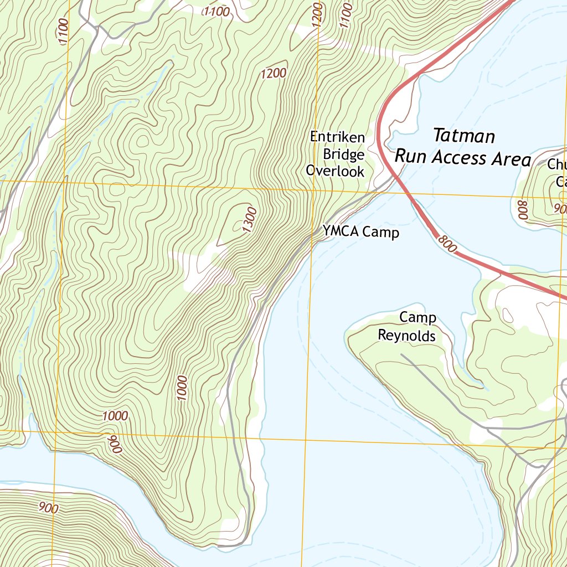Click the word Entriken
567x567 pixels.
click(x=337, y=137)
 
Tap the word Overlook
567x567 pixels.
click(x=336, y=171)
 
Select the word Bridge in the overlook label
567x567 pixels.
click(x=343, y=154)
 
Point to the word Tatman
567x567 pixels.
click(x=463, y=136)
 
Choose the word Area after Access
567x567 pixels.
click(x=511, y=159)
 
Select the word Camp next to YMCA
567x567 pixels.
click(x=381, y=233)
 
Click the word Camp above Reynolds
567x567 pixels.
click(x=418, y=318)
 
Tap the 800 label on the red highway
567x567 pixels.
click(x=446, y=243)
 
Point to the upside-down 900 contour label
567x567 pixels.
click(x=114, y=444)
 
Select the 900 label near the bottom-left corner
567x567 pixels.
click(x=49, y=507)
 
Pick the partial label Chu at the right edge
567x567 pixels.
click(x=556, y=164)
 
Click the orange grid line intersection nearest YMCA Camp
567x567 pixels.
click(x=314, y=189)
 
